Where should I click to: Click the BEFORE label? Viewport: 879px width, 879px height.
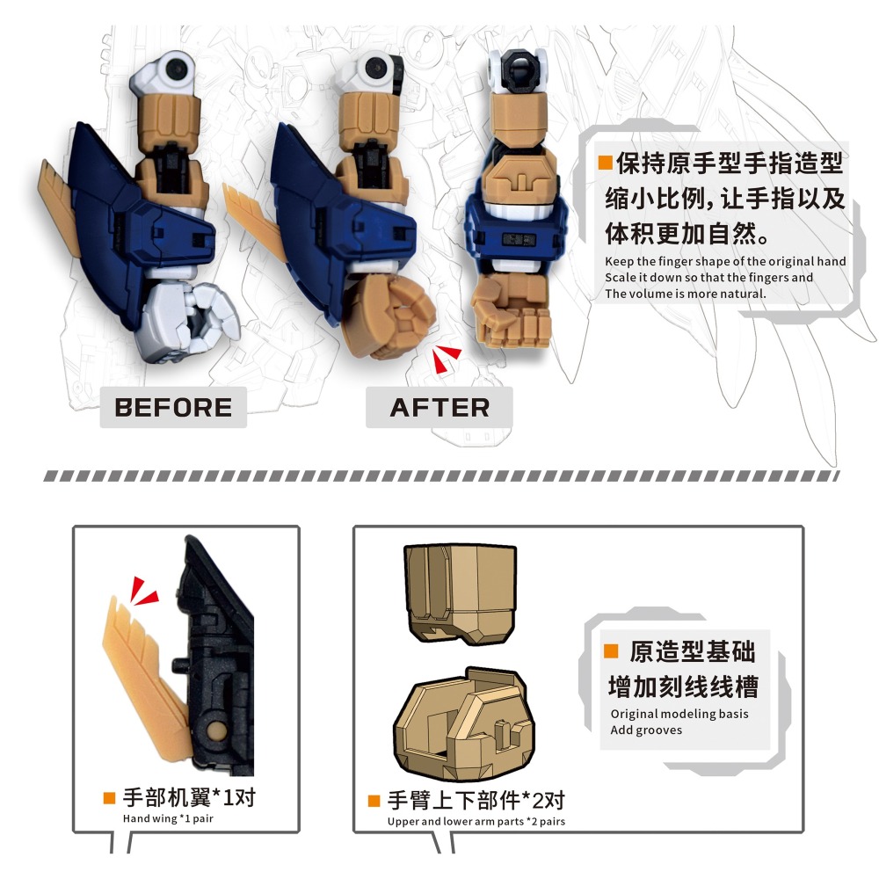click(x=173, y=408)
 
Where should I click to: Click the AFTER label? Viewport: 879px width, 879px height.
click(x=439, y=408)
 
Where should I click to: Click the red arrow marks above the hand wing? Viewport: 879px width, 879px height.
click(x=143, y=592)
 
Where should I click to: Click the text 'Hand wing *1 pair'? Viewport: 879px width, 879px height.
click(x=168, y=818)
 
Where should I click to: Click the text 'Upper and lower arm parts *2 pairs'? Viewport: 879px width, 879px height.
click(x=476, y=822)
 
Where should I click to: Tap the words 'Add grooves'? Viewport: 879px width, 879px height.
click(x=646, y=730)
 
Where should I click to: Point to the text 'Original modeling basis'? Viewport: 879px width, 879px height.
click(x=679, y=714)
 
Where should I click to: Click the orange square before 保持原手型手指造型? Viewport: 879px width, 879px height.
click(x=605, y=163)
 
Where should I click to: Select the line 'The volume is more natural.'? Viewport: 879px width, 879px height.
click(x=686, y=294)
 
